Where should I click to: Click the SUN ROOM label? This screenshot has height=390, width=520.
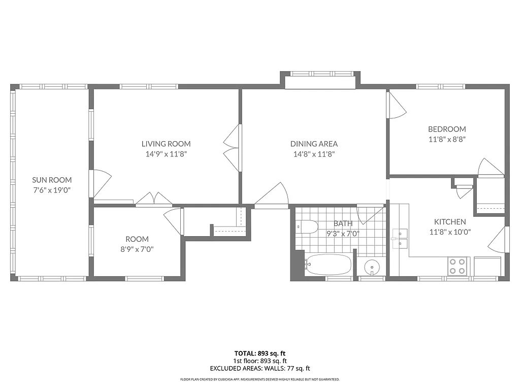click(52, 180)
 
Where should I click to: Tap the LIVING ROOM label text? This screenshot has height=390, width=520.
click(166, 144)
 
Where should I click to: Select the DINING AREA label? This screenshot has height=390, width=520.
click(314, 144)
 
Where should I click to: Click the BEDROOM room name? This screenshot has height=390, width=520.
click(446, 129)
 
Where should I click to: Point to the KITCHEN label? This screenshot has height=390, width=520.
click(449, 222)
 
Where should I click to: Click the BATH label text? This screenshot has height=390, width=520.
click(343, 223)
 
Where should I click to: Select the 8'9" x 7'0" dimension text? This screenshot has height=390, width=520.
click(137, 249)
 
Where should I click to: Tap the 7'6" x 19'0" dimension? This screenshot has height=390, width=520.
click(52, 190)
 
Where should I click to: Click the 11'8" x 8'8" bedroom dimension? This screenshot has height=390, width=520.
click(446, 139)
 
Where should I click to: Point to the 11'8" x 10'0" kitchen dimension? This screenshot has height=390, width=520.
click(449, 232)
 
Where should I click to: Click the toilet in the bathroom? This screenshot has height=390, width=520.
click(307, 226)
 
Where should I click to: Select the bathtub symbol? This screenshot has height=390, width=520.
click(328, 265)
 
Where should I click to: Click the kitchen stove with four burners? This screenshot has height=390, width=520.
click(458, 266)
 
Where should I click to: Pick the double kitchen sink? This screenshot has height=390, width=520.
click(400, 238)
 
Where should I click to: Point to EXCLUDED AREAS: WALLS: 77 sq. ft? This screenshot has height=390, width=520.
click(259, 369)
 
